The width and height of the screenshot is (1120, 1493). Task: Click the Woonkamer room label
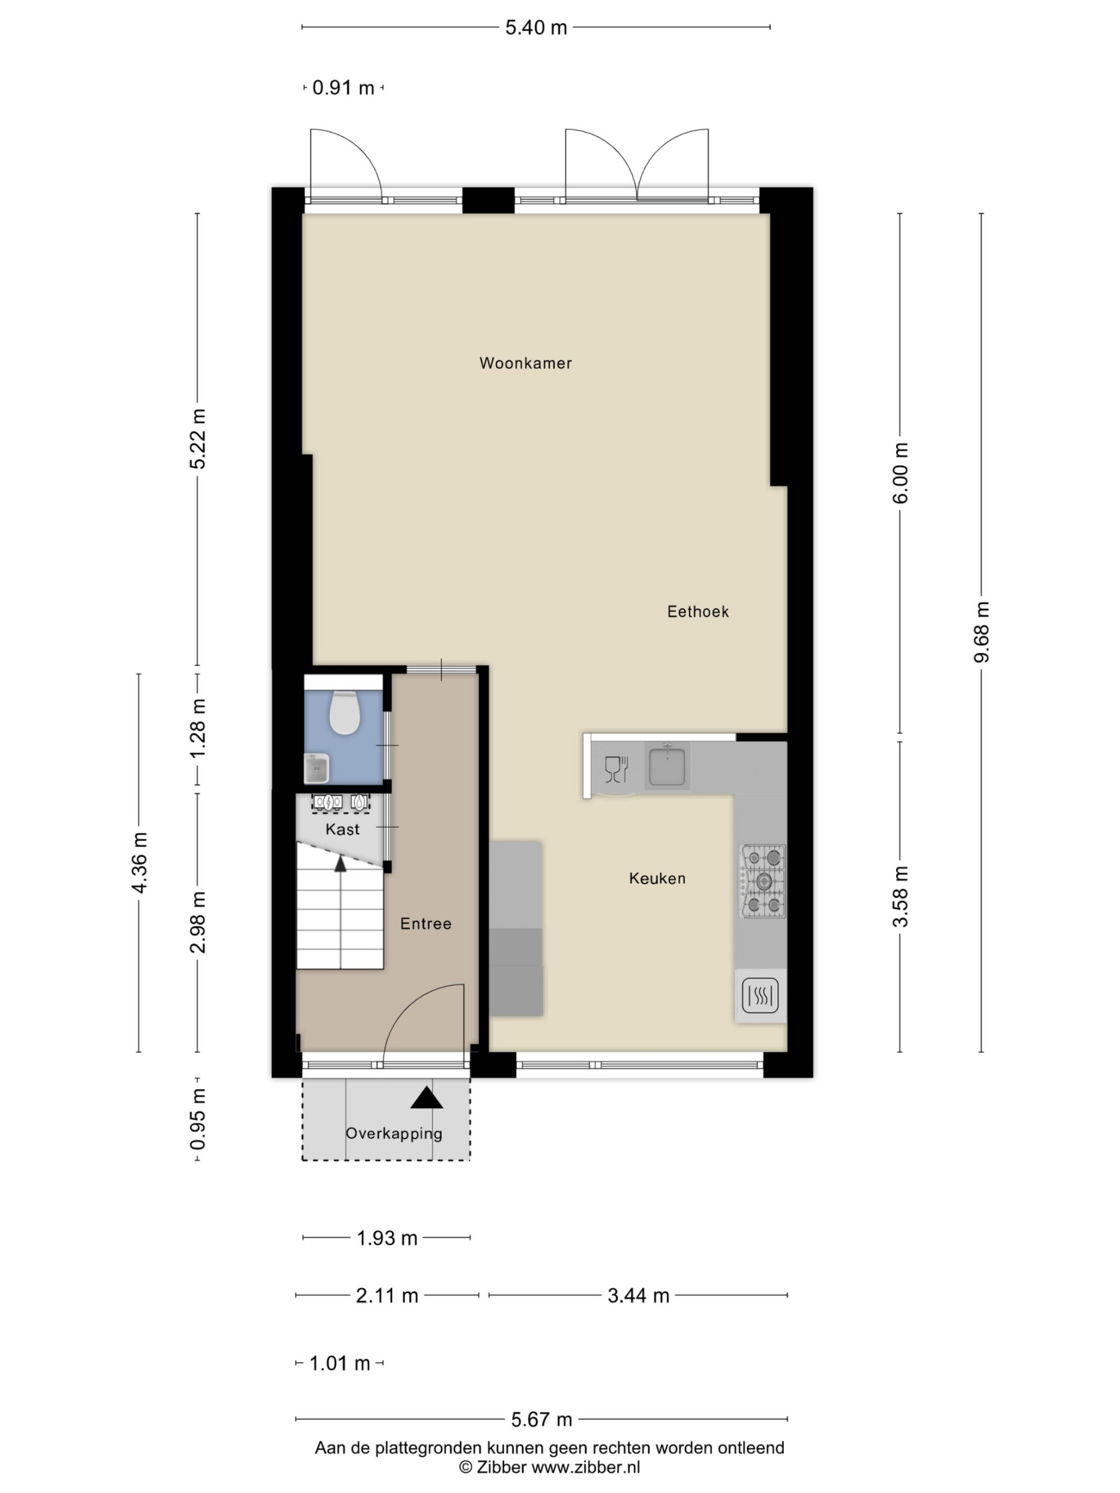(x=525, y=363)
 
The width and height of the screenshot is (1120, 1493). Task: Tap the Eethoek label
(x=698, y=612)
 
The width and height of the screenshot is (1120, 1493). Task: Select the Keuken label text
(x=657, y=878)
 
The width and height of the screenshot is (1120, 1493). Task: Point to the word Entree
(x=425, y=923)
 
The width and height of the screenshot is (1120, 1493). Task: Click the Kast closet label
(x=342, y=829)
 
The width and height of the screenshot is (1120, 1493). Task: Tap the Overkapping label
(x=394, y=1133)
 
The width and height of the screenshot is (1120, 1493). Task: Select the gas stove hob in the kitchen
(x=763, y=881)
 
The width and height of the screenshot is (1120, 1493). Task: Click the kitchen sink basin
(x=667, y=765)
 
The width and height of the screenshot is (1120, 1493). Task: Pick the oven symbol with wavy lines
(x=760, y=995)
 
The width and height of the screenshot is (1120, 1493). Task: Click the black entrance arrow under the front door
(x=426, y=1098)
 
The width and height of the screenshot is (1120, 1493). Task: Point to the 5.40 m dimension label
(x=536, y=27)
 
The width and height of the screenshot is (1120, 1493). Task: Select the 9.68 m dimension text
(x=982, y=632)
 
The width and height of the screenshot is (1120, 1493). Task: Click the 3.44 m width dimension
(x=638, y=1296)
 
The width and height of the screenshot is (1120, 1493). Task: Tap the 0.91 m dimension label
(x=343, y=87)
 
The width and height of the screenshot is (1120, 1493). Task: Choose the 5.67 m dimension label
(x=541, y=1420)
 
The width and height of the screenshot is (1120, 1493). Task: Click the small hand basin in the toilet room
(x=316, y=768)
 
